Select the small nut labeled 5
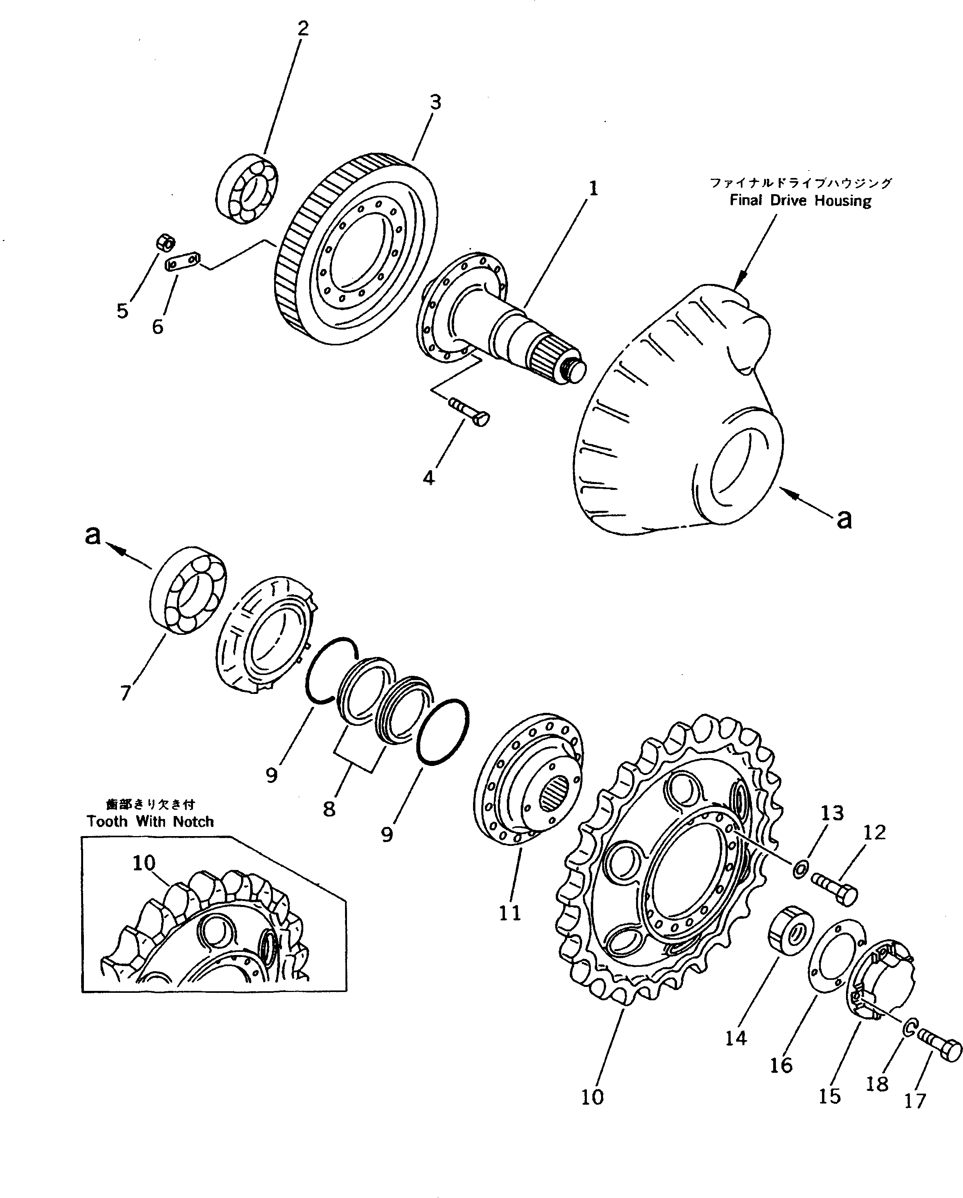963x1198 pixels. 165,243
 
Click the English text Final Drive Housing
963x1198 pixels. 800,200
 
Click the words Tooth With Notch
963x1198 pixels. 150,821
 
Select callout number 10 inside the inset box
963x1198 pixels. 144,863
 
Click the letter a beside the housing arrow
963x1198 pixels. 844,518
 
